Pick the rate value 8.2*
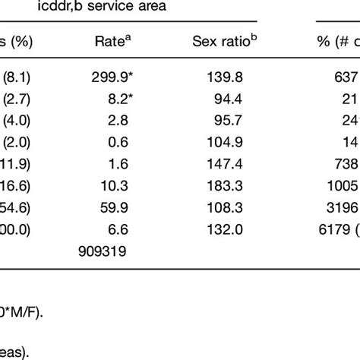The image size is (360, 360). [112, 106]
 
